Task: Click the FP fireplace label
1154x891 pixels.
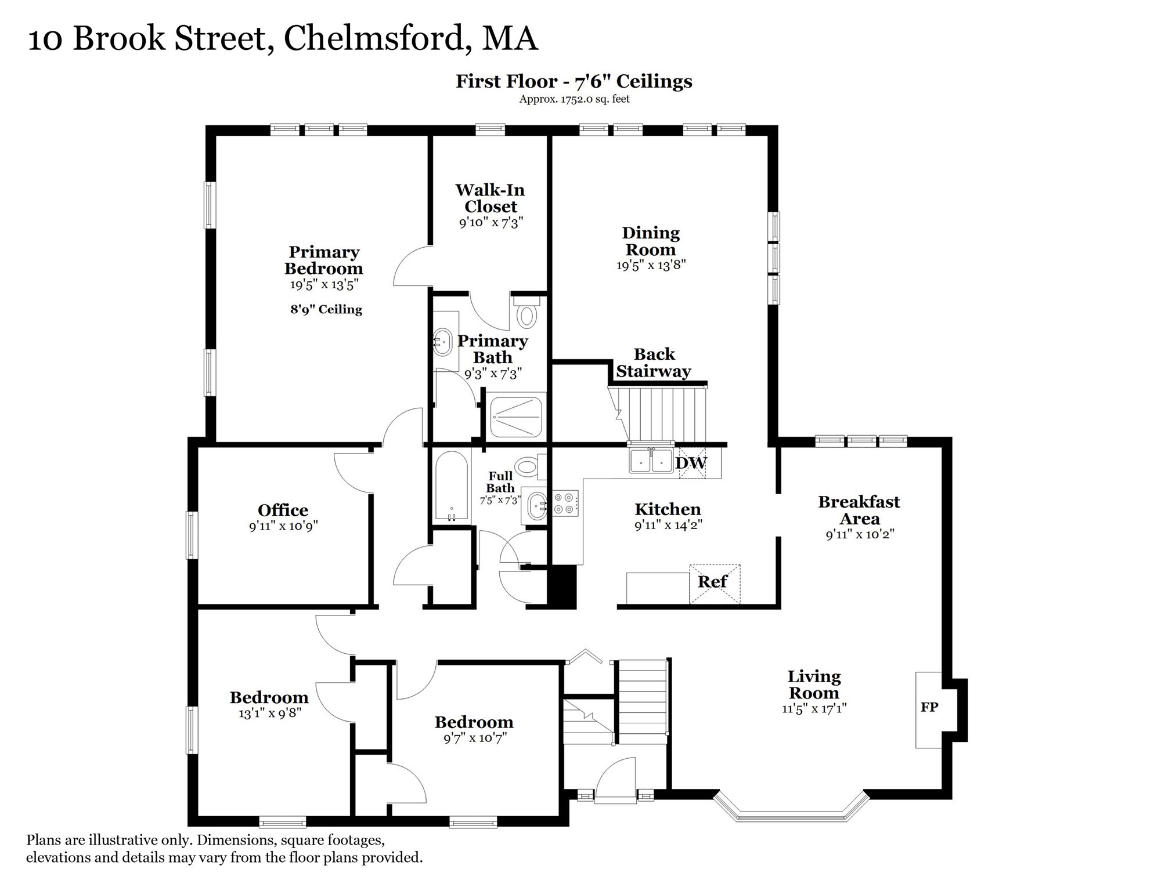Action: point(929,707)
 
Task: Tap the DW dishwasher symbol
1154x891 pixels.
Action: point(691,463)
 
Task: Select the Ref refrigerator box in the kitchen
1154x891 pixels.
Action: point(713,582)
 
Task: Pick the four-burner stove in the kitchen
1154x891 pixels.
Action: point(565,503)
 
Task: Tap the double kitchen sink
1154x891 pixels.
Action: point(651,461)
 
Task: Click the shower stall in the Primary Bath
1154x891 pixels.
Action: point(516,415)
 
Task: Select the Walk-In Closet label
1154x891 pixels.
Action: point(491,198)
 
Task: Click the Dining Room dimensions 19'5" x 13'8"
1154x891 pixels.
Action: point(651,265)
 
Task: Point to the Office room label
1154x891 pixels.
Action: point(283,510)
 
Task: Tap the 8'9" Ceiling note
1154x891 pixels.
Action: point(326,309)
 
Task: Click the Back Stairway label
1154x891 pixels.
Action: point(654,363)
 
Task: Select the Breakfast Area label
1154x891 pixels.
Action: point(859,510)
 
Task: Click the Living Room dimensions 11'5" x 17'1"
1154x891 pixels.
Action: point(814,708)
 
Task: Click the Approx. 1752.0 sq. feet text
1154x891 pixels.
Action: point(574,99)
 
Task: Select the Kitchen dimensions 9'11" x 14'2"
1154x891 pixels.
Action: point(668,526)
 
